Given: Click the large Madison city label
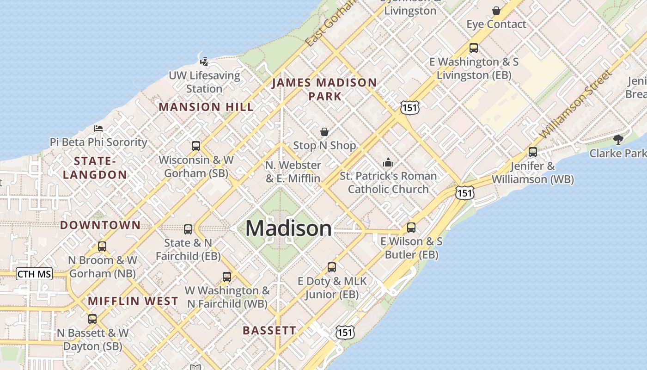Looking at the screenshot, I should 288,228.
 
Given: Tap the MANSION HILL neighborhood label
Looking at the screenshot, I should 206,107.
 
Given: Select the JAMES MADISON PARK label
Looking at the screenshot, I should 324,89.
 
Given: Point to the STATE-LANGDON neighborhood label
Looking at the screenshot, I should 95,168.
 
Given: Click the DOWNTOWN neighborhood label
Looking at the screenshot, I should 100,225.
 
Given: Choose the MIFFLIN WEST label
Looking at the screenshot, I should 133,301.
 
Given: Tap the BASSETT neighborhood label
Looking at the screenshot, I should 269,330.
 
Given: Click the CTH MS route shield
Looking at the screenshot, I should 34,274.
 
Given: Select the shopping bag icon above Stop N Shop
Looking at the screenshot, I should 324,132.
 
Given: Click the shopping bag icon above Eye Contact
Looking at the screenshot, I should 496,11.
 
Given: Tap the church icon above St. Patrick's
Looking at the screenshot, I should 388,162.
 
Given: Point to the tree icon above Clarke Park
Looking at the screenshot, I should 618,139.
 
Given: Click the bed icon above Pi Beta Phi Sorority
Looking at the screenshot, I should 98,129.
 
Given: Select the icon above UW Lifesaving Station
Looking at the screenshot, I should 204,62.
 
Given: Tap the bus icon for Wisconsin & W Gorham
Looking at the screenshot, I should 196,146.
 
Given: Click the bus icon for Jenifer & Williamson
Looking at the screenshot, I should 533,152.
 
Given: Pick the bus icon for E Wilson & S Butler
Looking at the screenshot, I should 411,228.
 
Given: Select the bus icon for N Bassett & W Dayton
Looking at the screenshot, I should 92,319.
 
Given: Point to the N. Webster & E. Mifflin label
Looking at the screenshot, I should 293,172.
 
